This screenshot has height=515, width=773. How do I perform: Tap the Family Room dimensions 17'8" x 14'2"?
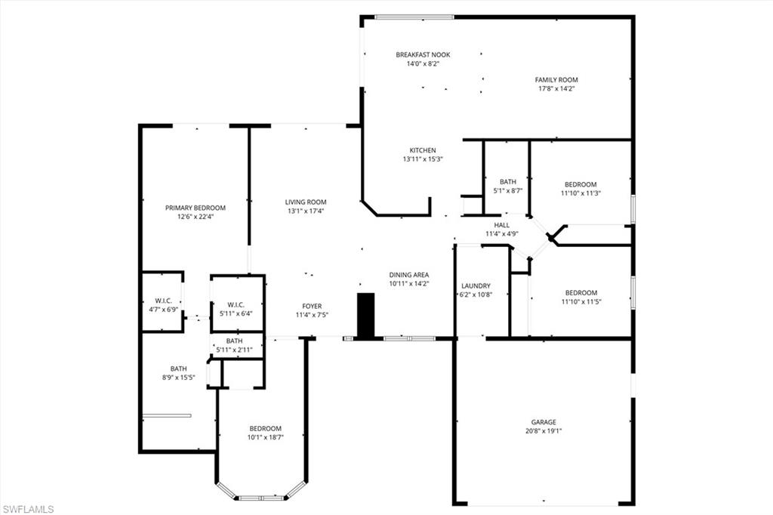pos(556,89)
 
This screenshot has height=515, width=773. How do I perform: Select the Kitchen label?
pos(423,150)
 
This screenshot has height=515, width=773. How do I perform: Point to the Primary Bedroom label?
pos(196,208)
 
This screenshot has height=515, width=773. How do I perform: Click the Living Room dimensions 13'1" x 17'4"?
pos(306,211)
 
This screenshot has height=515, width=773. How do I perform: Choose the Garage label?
pos(543,422)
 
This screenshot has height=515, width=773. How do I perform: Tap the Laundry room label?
pos(476,285)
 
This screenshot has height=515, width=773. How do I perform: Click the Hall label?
pos(502,225)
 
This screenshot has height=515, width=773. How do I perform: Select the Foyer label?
pos(312,306)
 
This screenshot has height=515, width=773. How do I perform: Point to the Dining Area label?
pos(409,275)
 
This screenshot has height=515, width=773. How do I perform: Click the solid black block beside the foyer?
pos(365,315)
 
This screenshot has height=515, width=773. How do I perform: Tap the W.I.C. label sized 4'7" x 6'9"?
pos(162,301)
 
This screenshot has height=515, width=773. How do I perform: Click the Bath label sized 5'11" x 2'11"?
pos(234,341)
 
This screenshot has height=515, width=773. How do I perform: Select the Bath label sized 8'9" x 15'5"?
pos(178,369)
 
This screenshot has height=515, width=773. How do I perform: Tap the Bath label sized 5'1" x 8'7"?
pos(507,182)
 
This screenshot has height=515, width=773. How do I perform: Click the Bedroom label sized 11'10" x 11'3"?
pos(581,184)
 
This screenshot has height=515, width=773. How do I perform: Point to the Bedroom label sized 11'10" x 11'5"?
pos(581,293)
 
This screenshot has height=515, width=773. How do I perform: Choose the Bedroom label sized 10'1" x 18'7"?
pos(265,428)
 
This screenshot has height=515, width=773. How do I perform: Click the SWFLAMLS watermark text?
pos(28,509)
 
